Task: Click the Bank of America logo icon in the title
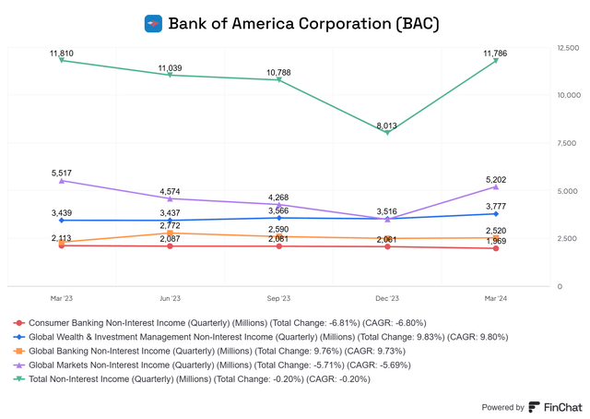click(154, 23)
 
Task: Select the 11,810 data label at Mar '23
click(62, 54)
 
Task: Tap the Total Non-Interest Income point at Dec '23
click(387, 133)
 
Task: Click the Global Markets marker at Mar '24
click(495, 187)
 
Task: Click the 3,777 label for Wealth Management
click(495, 207)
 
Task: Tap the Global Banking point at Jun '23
click(170, 233)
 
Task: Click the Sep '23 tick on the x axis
click(278, 298)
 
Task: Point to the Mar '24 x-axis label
click(495, 298)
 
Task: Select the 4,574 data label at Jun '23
click(170, 191)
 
